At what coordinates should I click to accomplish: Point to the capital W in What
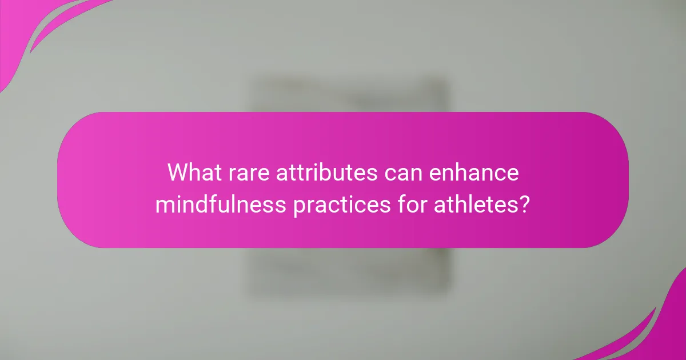point(178,173)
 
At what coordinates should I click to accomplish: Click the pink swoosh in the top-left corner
point(34,29)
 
